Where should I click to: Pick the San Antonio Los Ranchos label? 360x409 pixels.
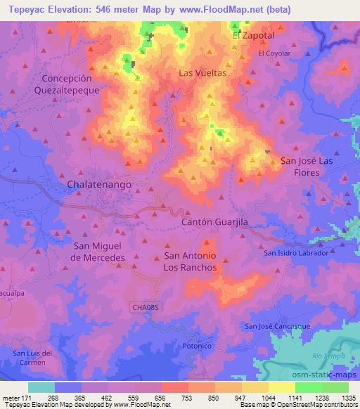[190, 262]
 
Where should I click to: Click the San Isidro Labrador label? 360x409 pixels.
[296, 252]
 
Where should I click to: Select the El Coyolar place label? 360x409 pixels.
[274, 53]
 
